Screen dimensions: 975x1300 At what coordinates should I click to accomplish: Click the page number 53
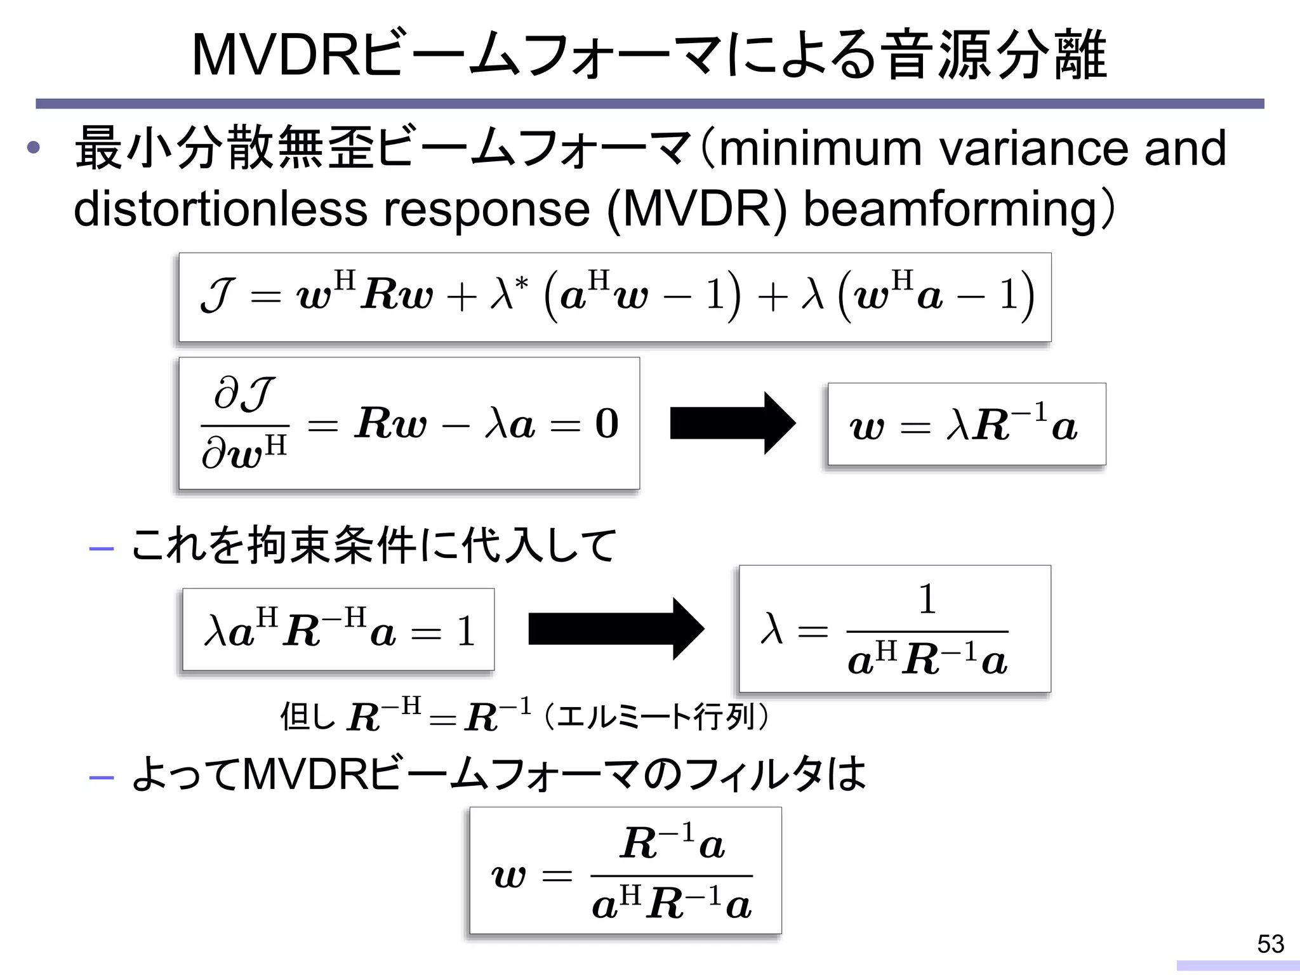click(x=1270, y=944)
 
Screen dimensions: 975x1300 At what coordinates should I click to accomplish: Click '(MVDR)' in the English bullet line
click(x=696, y=210)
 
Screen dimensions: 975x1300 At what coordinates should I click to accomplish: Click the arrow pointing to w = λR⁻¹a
click(x=733, y=423)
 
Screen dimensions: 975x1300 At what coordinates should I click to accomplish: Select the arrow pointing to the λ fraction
click(x=616, y=628)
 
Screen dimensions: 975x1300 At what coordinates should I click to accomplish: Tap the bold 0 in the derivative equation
click(x=606, y=423)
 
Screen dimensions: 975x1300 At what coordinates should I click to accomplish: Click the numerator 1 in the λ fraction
click(x=927, y=599)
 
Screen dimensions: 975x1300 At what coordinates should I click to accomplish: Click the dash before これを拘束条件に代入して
click(x=102, y=548)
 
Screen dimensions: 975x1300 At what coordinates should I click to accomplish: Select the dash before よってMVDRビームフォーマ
click(x=102, y=778)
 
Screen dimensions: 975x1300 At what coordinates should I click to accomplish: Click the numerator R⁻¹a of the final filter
click(x=672, y=844)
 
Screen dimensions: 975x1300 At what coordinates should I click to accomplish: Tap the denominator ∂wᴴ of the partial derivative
click(x=245, y=453)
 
